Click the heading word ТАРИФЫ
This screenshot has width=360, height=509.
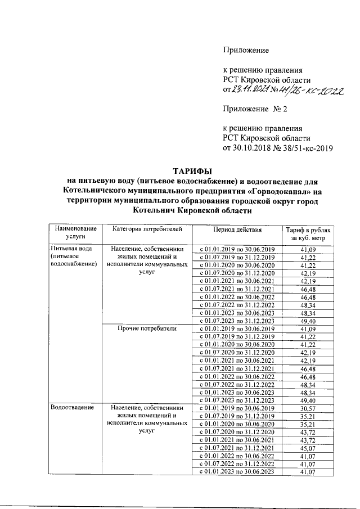tap(193, 171)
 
